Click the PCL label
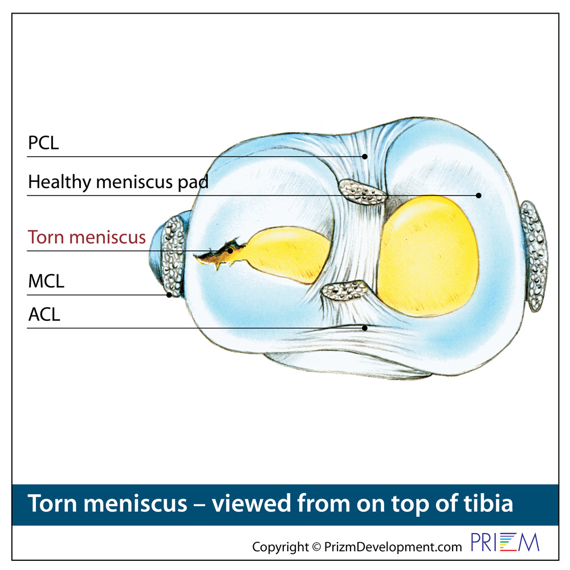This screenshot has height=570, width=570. click(x=43, y=143)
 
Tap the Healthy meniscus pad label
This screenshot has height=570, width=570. click(x=118, y=182)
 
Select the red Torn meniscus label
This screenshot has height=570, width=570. click(x=87, y=237)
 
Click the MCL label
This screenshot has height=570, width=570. click(x=46, y=282)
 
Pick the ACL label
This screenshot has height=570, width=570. click(x=44, y=315)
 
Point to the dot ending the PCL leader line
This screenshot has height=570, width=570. click(x=365, y=157)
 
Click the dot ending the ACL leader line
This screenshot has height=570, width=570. click(x=365, y=328)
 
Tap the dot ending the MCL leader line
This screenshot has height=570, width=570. click(x=169, y=295)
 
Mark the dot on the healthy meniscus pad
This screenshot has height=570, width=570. click(x=479, y=196)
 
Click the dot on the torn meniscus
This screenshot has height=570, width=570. click(x=230, y=251)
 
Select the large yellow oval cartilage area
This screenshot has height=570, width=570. click(x=428, y=256)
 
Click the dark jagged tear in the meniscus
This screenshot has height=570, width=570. click(x=220, y=254)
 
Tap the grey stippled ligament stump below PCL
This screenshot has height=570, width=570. click(x=363, y=192)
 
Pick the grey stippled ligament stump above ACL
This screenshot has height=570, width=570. click(x=345, y=291)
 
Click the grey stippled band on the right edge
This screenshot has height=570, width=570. click(x=534, y=256)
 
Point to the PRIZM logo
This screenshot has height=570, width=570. click(x=505, y=542)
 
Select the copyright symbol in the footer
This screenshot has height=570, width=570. click(x=316, y=547)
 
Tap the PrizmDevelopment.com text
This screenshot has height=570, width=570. click(x=393, y=547)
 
